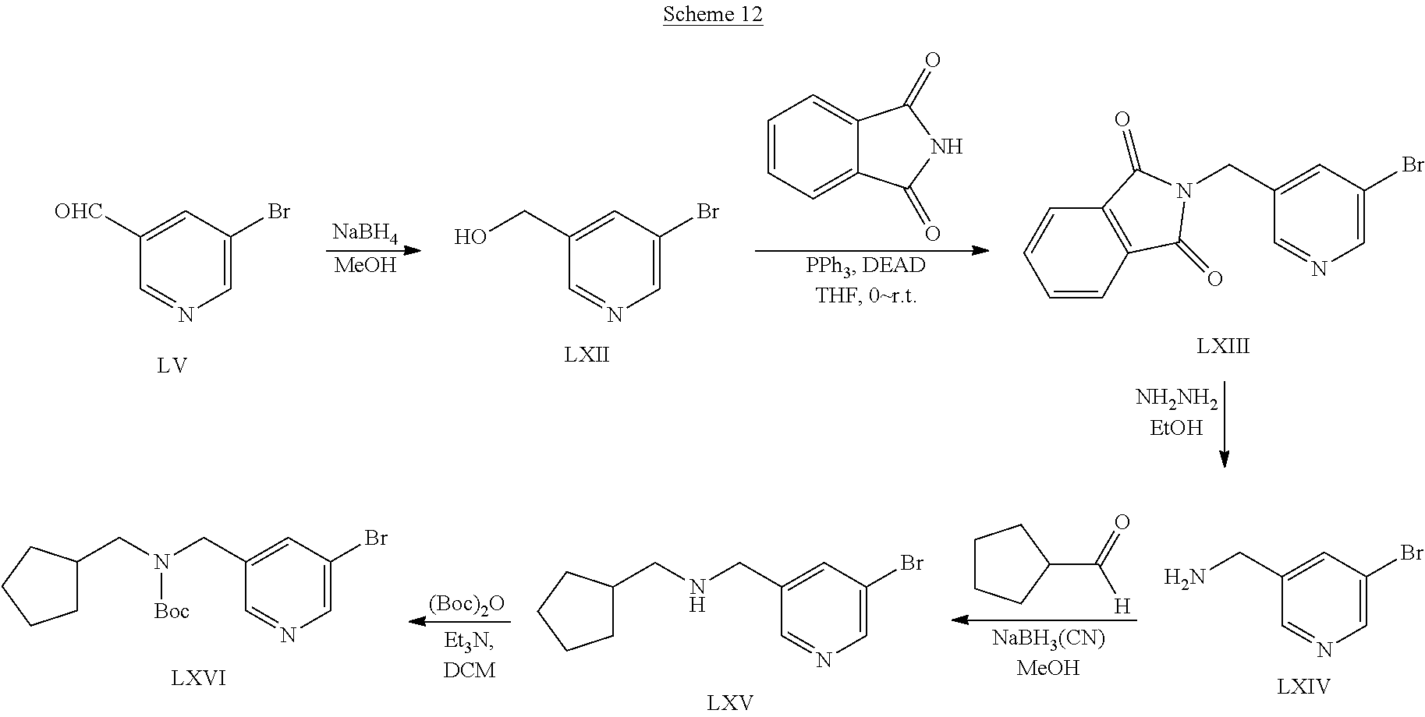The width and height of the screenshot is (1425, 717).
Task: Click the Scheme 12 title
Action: click(712, 15)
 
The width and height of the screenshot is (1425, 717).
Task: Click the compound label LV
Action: click(172, 365)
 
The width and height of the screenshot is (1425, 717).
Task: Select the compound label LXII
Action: click(587, 355)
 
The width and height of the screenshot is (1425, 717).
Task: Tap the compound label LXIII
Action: click(1223, 345)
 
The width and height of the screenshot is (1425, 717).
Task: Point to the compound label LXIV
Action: click(1303, 686)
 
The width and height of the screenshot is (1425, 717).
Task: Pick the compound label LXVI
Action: click(198, 678)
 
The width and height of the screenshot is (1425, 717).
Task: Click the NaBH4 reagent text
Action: click(365, 233)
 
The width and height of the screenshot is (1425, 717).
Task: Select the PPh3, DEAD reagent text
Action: click(866, 266)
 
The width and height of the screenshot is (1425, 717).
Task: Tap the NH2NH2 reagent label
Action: click(1176, 399)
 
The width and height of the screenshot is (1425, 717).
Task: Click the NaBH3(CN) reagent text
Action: click(1047, 638)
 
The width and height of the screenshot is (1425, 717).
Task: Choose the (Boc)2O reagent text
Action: click(466, 604)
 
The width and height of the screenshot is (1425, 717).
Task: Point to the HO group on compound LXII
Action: click(471, 237)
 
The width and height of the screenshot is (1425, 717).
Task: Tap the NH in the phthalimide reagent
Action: click(946, 147)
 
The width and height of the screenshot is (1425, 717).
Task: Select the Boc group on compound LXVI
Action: click(171, 611)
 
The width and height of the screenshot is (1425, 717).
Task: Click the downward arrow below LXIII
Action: click(1224, 424)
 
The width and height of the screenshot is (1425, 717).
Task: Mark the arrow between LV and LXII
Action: click(372, 250)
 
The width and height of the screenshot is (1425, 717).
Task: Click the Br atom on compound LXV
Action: click(911, 562)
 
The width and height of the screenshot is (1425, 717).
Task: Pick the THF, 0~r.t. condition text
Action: click(866, 295)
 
